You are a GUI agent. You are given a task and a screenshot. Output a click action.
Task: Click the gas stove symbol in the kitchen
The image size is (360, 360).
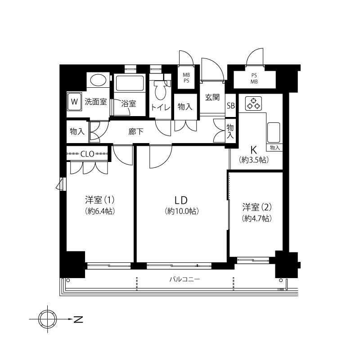253,103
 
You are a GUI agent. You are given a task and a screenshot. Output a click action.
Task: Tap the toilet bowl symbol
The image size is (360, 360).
161,90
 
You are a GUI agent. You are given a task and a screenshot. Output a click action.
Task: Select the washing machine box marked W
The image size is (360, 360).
74,101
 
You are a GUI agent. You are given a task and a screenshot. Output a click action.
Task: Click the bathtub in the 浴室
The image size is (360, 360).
130,83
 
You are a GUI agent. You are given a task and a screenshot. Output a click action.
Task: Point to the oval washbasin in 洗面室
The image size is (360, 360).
98,81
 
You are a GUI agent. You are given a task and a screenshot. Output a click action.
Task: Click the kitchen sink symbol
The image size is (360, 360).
274,133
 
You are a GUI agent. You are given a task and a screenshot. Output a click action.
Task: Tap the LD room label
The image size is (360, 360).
181,200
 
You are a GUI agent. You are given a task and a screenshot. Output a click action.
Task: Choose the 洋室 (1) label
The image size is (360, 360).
99,200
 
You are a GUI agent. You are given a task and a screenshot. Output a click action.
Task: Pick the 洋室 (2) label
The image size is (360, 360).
257,207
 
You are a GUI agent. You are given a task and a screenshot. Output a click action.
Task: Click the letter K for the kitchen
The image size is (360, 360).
254,150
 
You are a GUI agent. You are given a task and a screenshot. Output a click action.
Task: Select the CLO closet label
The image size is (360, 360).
87,153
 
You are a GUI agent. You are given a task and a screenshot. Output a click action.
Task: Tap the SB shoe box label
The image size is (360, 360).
231,106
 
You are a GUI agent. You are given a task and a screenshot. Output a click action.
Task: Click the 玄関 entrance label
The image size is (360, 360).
212,97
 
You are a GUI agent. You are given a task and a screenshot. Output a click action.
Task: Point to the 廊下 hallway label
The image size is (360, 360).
136,131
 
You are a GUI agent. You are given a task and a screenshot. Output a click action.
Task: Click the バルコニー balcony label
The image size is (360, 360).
185,279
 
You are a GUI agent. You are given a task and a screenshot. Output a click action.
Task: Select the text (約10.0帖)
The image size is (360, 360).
182,211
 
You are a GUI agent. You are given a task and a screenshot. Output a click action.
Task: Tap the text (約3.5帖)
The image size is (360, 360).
254,160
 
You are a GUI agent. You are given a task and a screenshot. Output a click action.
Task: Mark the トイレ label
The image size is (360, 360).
161,108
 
